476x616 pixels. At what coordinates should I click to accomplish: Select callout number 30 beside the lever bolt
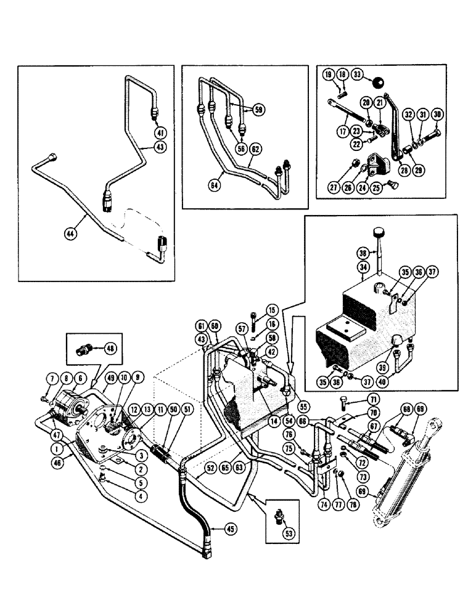coord(437,115)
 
